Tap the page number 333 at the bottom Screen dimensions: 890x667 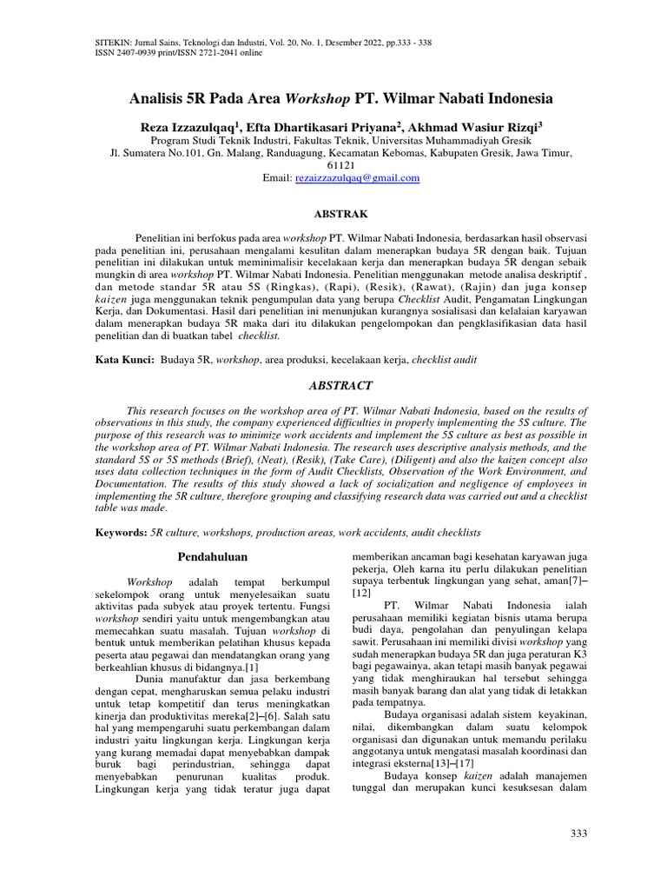pyautogui.click(x=578, y=834)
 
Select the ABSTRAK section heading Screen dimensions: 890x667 pyautogui.click(x=340, y=214)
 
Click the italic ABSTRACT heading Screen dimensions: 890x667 pyautogui.click(x=340, y=385)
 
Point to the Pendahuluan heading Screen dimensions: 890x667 pyautogui.click(x=213, y=556)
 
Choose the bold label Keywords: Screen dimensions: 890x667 pyautogui.click(x=119, y=531)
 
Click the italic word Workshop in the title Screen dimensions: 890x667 pyautogui.click(x=318, y=98)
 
